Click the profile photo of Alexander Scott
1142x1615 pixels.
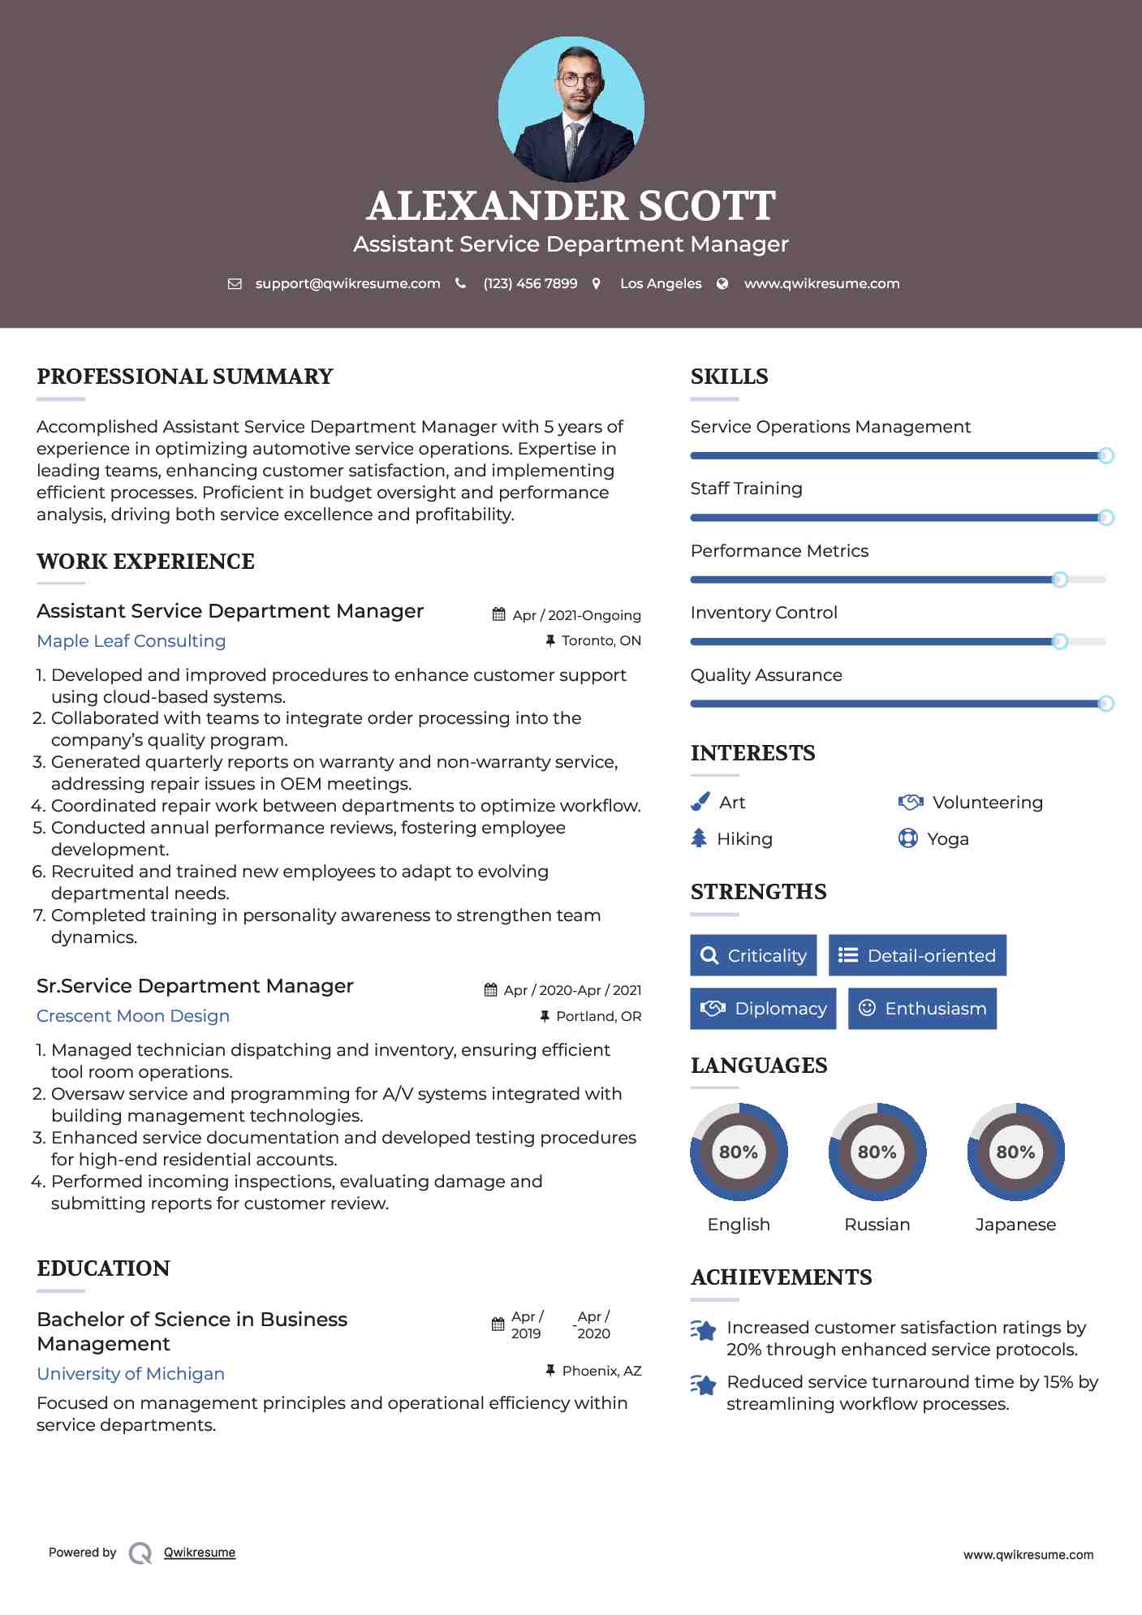571,109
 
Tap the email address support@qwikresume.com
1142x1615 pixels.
347,283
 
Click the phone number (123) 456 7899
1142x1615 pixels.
530,283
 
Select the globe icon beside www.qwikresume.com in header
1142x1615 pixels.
722,283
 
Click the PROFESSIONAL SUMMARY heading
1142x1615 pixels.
185,377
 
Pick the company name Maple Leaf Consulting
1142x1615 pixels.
131,641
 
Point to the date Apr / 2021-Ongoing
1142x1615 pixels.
576,615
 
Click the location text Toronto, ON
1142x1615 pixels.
601,640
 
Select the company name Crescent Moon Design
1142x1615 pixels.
133,1016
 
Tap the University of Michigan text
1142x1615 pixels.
131,1374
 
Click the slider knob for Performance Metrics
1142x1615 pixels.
1059,579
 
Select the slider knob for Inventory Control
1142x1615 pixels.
1059,642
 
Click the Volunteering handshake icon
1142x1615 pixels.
911,802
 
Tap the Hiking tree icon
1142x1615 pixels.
699,838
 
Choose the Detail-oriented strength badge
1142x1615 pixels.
917,955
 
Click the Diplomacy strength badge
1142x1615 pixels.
763,1009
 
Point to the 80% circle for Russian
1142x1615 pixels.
877,1152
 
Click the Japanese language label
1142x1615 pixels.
1015,1225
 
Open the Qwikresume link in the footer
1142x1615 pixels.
200,1553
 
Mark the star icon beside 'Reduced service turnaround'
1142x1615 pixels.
704,1385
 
